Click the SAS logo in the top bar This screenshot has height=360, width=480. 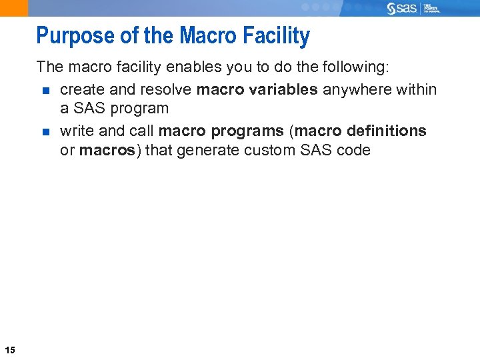(x=401, y=8)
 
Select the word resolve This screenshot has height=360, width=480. (x=169, y=89)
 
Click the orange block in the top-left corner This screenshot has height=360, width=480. (x=14, y=7)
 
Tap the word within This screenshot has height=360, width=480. (x=419, y=89)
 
